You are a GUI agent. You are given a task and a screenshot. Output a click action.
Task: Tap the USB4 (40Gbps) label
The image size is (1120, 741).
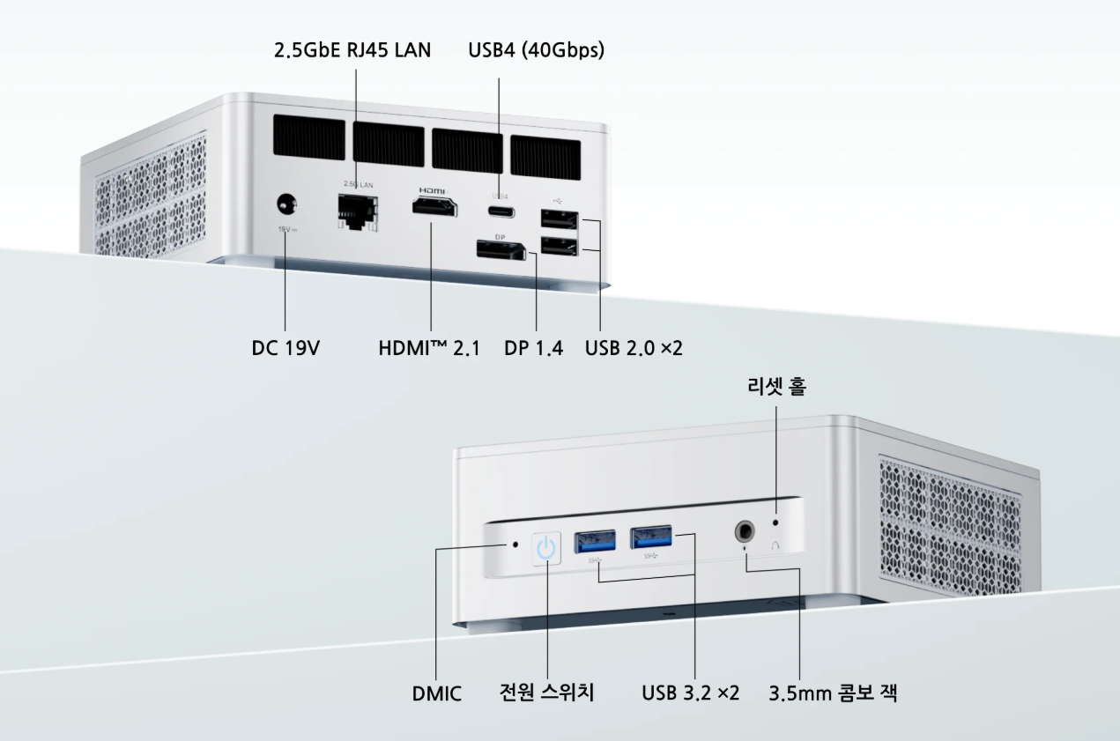point(536,50)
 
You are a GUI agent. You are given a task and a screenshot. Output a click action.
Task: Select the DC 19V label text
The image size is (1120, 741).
point(286,348)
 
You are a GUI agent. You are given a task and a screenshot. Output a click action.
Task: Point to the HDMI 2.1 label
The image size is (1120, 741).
point(429,348)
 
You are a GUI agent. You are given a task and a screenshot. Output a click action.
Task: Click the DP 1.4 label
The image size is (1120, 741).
point(533,348)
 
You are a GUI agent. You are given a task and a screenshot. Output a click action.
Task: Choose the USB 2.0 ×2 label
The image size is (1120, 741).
point(634,348)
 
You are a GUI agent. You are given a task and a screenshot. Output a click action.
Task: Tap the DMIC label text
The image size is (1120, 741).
point(436,693)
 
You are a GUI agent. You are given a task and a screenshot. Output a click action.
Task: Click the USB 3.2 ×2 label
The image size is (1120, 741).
point(690,693)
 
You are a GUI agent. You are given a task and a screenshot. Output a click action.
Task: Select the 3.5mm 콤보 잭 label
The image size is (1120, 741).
point(832,693)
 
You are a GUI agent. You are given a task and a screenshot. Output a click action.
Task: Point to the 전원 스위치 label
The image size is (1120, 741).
point(547,693)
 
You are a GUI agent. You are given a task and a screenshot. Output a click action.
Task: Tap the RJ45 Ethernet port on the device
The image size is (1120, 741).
point(357,211)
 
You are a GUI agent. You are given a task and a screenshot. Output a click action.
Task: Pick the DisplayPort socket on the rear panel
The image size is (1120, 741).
point(500,249)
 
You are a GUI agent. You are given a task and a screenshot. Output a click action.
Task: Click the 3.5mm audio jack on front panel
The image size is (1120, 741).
point(745,531)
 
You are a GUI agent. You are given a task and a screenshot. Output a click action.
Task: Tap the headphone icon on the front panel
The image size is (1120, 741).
point(776,545)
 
